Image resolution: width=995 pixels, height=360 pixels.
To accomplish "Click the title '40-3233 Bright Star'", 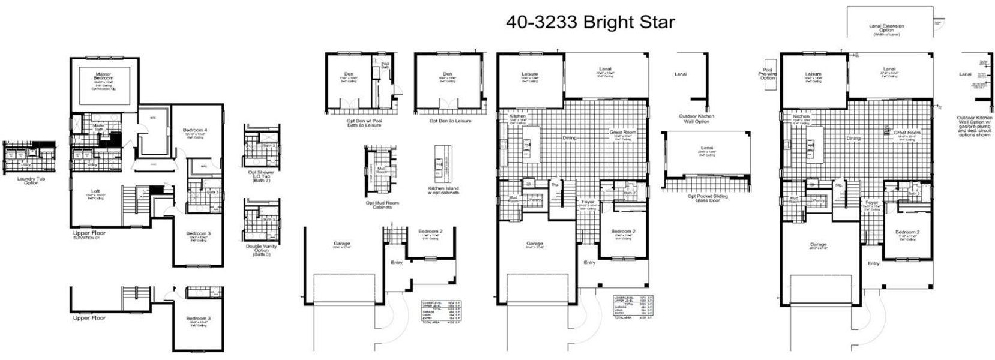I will click(590, 23).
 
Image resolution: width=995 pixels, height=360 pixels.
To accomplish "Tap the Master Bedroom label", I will click(103, 76).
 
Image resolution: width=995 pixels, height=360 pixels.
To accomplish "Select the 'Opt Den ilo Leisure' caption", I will click(449, 121).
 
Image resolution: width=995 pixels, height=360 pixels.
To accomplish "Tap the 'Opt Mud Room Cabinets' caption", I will click(382, 205).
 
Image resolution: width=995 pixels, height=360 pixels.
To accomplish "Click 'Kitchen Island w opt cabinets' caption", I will click(444, 190).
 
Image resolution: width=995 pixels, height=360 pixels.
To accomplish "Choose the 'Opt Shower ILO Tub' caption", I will click(261, 175).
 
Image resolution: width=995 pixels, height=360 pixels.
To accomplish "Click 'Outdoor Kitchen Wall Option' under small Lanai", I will click(696, 119).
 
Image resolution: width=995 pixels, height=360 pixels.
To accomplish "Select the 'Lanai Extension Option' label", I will click(886, 28).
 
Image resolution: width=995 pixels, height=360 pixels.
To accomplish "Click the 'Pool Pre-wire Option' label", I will click(767, 73).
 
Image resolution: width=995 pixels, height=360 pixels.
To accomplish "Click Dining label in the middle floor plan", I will click(570, 138).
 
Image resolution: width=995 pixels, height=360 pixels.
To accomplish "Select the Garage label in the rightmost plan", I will click(818, 244).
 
